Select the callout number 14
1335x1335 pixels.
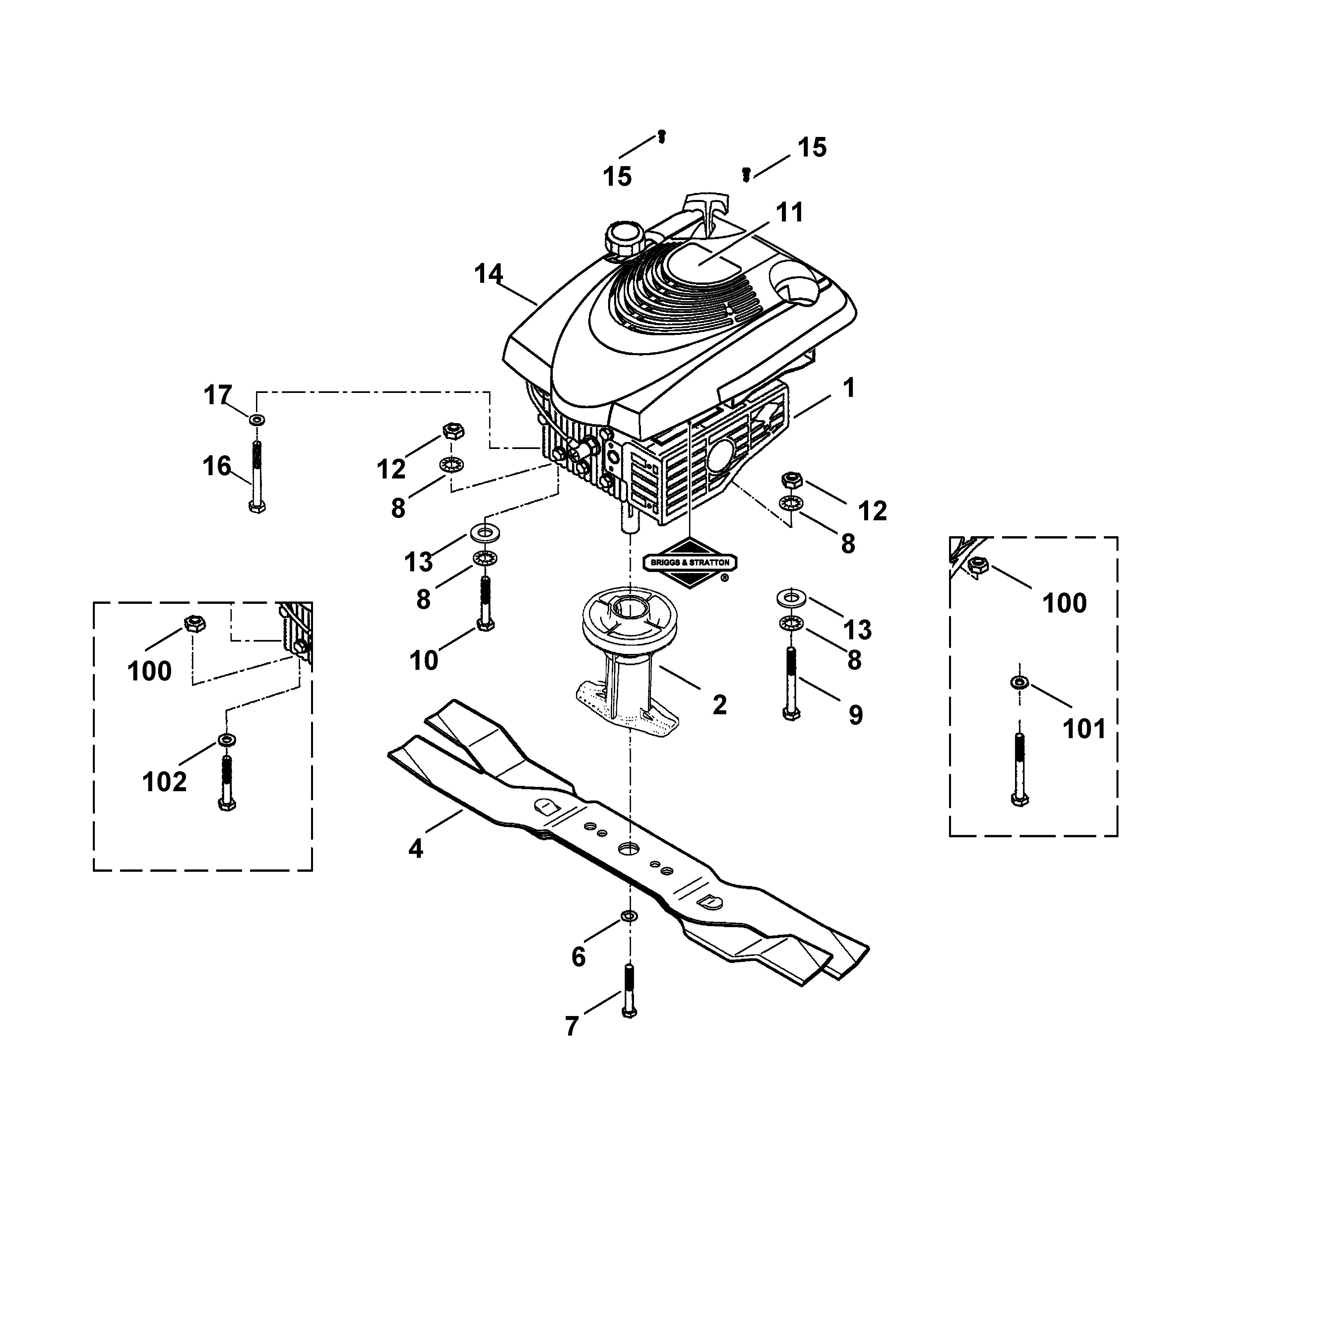488,274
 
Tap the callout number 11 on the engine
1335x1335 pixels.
790,213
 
